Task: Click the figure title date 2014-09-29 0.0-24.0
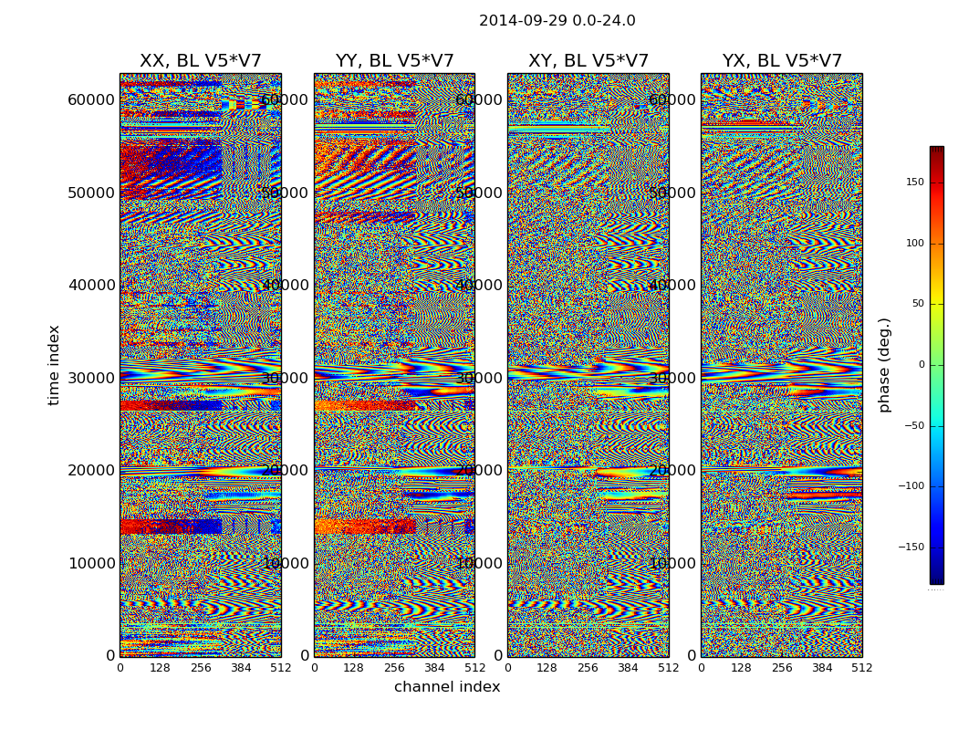point(557,21)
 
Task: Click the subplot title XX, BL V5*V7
point(200,61)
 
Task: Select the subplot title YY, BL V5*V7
point(394,61)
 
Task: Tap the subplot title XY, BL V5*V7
point(588,61)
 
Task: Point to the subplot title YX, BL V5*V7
point(782,61)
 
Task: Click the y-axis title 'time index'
point(54,365)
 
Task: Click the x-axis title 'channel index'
point(447,687)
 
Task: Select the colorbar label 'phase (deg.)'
point(884,365)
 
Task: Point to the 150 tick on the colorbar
point(914,182)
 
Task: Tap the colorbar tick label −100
point(911,486)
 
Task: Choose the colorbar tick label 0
point(921,365)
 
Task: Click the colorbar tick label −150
point(911,547)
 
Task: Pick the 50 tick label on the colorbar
point(917,304)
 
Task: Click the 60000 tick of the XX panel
point(91,99)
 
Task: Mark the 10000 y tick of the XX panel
point(91,563)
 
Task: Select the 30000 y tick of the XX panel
point(91,378)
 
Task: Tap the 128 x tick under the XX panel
point(160,668)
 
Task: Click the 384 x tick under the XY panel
point(629,668)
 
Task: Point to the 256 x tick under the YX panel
point(782,668)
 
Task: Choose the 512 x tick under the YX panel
point(862,668)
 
